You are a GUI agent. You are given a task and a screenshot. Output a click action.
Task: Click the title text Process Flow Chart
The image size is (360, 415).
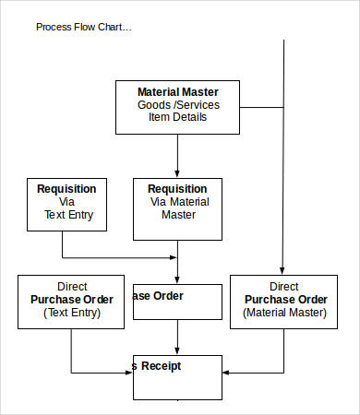pyautogui.click(x=84, y=27)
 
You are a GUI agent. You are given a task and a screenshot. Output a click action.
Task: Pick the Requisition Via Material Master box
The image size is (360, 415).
pyautogui.click(x=178, y=208)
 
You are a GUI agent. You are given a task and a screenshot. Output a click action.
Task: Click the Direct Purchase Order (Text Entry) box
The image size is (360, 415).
pyautogui.click(x=71, y=301)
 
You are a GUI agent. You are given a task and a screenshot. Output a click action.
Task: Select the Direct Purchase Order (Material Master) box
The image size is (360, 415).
pyautogui.click(x=283, y=301)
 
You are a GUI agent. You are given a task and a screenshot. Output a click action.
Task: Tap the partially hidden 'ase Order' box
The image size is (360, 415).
pyautogui.click(x=178, y=302)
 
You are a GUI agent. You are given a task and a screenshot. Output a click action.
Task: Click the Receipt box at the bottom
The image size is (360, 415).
pyautogui.click(x=178, y=376)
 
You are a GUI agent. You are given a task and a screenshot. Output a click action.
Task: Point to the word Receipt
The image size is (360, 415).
pyautogui.click(x=162, y=366)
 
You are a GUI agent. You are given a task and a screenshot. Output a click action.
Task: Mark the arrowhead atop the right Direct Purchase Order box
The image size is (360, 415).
pyautogui.click(x=283, y=269)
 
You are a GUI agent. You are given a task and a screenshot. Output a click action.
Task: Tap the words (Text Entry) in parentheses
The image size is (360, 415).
pyautogui.click(x=71, y=314)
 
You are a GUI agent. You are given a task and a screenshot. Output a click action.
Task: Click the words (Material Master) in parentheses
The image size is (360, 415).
pyautogui.click(x=284, y=314)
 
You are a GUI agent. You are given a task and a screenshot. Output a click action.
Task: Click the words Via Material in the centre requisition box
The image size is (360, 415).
pyautogui.click(x=179, y=202)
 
